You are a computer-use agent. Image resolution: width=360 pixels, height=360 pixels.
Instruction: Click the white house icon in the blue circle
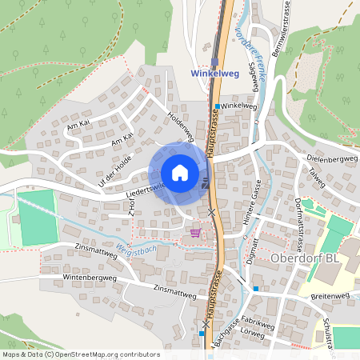[179, 173]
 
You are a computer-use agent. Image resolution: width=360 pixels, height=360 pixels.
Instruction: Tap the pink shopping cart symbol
[195, 233]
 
